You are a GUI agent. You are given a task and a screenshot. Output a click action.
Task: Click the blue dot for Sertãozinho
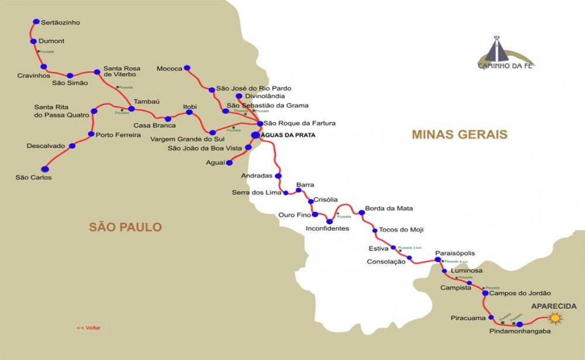pos(36,22)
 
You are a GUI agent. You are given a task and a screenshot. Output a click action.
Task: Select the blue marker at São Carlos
pos(45,169)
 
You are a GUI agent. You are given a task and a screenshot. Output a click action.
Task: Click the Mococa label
pos(170,68)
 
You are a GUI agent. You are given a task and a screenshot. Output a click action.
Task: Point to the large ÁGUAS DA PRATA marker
pos(255,135)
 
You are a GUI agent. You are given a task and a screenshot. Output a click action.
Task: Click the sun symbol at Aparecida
pos(555,318)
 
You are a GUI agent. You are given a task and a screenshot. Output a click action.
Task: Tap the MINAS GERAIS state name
pos(459,135)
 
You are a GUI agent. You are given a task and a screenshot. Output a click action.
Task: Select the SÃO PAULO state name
pos(125,227)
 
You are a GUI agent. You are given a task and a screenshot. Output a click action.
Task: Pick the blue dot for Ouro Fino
pos(315,214)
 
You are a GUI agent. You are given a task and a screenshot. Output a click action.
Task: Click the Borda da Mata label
pos(388,208)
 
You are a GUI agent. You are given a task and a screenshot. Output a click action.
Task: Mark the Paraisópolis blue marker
pos(438,259)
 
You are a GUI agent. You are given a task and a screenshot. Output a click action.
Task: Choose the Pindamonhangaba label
pos(519,331)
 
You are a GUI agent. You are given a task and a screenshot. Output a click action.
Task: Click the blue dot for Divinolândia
pos(239,96)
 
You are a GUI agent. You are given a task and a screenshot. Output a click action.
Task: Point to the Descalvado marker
pos(72,146)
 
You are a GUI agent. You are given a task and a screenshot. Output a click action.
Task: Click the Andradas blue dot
pos(278,176)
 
